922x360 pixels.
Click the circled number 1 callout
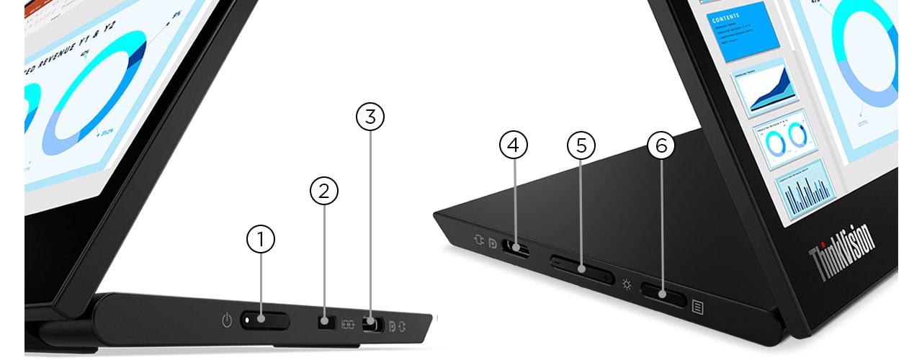pyautogui.click(x=261, y=240)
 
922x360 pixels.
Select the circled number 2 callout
pyautogui.click(x=324, y=191)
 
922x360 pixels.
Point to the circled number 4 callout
pyautogui.click(x=513, y=145)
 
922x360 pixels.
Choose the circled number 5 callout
pyautogui.click(x=581, y=145)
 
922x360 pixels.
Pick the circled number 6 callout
pyautogui.click(x=661, y=145)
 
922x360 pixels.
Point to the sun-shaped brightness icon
pyautogui.click(x=627, y=284)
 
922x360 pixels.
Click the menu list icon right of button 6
pyautogui.click(x=697, y=307)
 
